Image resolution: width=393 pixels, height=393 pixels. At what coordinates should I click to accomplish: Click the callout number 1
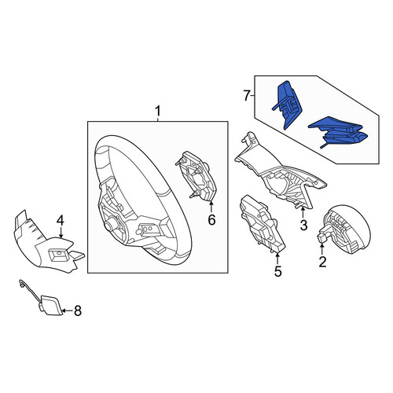coord(157,112)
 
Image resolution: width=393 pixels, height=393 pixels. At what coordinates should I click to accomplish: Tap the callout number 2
coord(322,262)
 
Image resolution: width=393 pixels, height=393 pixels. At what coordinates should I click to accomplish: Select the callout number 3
coord(303,225)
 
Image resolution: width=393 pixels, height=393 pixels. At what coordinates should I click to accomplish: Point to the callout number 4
coord(61,220)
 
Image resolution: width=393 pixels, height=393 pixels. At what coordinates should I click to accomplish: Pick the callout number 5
coord(278,271)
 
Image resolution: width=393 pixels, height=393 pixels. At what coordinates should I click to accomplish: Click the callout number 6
coord(211,219)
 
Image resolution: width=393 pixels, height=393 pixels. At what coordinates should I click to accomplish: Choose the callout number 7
coord(247,96)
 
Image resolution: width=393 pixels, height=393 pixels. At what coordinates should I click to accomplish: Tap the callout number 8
coord(78,311)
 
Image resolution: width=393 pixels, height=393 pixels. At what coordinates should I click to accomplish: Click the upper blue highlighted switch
coord(287,105)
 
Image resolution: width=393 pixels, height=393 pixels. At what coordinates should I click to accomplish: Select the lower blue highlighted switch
coord(339,132)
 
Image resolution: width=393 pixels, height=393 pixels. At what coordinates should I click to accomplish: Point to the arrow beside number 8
coord(68,311)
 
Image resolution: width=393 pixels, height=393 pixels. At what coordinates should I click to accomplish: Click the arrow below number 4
coord(61,233)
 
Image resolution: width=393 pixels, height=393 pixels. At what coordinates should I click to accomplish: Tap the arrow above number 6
coord(211,207)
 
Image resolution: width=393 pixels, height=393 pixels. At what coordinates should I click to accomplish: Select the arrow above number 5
coord(277,258)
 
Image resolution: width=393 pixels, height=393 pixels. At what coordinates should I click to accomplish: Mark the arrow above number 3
coord(303,212)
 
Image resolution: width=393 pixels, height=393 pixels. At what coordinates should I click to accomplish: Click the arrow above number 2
coord(321,248)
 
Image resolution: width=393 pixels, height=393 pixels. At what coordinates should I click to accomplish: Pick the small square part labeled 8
coord(51,305)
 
